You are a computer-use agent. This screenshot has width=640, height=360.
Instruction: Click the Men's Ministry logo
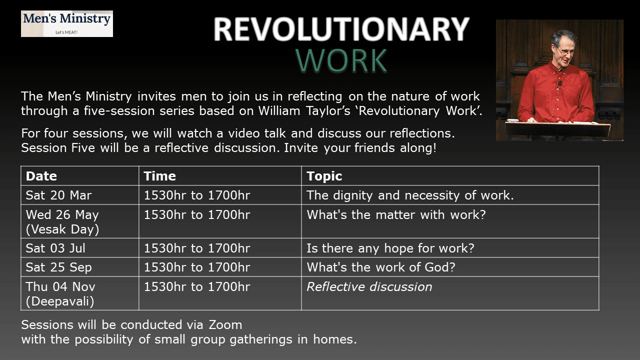coord(67,23)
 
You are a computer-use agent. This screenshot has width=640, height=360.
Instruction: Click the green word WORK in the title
coord(341,60)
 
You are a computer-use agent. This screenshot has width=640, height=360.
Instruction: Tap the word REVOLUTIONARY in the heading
coord(341,29)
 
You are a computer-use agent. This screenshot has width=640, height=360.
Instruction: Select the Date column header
coord(41,176)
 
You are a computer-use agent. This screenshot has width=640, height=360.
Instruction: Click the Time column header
coord(159,176)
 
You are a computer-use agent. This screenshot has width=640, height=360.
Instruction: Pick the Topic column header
coord(324,176)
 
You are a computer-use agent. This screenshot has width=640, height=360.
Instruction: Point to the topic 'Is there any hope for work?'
coord(390,248)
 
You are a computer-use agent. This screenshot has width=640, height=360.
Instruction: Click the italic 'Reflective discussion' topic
coord(369,287)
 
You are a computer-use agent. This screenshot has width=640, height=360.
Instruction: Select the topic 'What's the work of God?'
coord(381,267)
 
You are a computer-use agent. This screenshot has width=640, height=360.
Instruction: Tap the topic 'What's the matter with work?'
coord(396,214)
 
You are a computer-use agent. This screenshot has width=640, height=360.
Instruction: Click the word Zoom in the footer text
coord(225,325)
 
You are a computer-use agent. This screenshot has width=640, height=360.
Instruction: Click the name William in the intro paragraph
coord(279,111)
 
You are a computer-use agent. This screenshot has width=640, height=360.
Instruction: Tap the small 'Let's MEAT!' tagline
coord(66,32)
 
